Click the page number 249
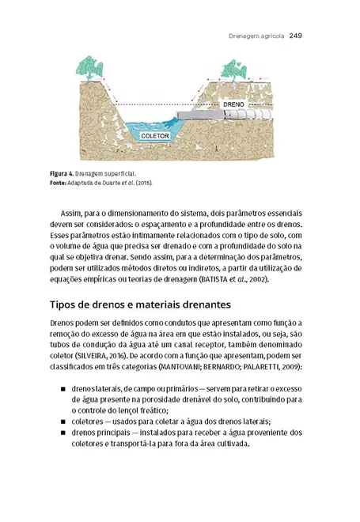click(x=297, y=36)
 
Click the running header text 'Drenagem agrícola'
click(x=256, y=36)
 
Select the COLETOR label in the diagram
click(x=155, y=136)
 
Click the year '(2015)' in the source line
click(x=142, y=182)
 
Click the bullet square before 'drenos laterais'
click(x=63, y=390)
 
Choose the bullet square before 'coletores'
click(x=63, y=422)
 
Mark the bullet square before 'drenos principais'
click(x=63, y=433)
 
